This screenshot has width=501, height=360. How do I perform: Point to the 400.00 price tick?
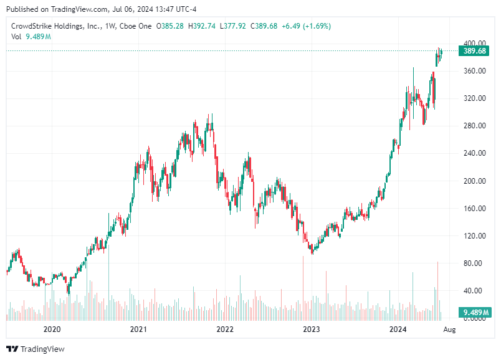[x=475, y=44]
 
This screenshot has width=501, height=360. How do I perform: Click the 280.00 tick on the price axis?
[x=475, y=126]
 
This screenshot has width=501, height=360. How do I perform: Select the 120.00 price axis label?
[x=475, y=235]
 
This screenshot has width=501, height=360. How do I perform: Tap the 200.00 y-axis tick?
[x=475, y=181]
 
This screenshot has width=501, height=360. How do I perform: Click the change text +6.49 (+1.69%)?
[x=306, y=26]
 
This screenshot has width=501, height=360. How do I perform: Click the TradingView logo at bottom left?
[x=36, y=349]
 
